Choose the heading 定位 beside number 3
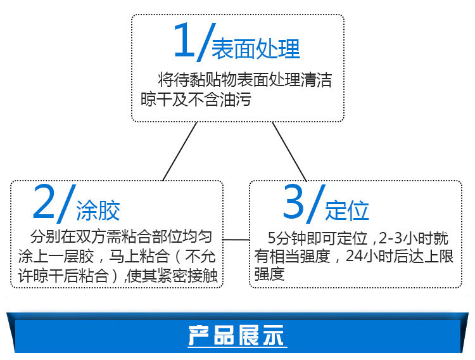tap(346, 210)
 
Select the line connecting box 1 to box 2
tap(179, 152)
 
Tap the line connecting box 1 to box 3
tap(289, 152)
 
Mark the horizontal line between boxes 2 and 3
tap(236, 240)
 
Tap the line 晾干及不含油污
tap(196, 99)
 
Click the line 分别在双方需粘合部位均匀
tap(122, 237)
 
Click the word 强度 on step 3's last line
tap(269, 274)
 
